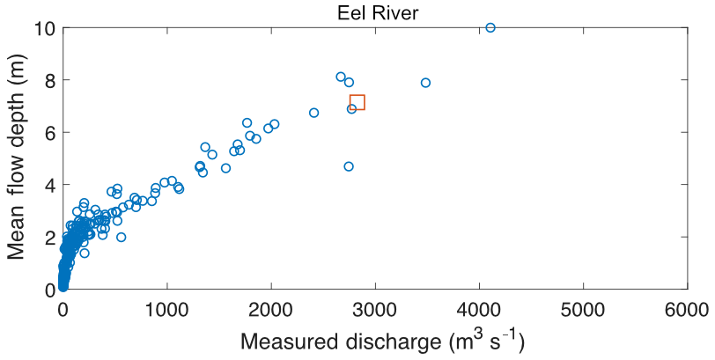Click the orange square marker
(x=357, y=102)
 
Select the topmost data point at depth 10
(x=490, y=27)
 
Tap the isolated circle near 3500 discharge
(x=425, y=83)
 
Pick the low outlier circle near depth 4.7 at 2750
(x=349, y=166)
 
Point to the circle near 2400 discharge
(x=313, y=113)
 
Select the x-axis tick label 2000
(x=270, y=310)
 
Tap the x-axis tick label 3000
(x=375, y=310)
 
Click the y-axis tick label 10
(x=43, y=28)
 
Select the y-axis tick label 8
(x=49, y=80)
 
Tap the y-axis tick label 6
(x=49, y=133)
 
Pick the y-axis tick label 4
(x=49, y=185)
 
